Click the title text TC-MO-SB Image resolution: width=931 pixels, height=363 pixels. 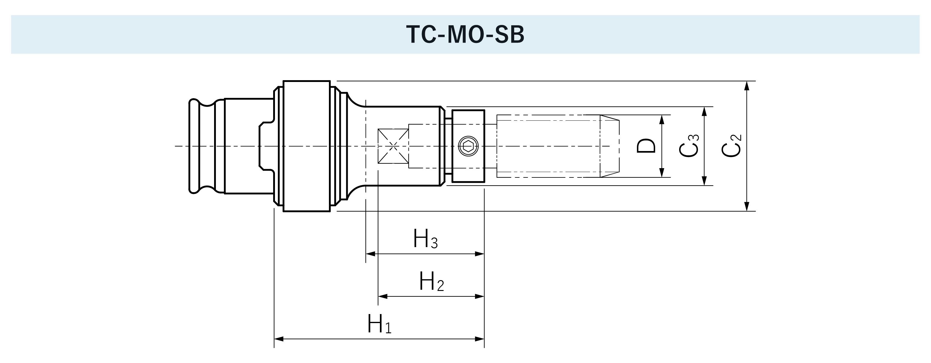[465, 35]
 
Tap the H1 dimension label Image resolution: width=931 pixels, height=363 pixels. [379, 324]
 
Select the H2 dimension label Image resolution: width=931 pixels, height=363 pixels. [431, 282]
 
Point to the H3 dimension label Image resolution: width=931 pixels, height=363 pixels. [425, 239]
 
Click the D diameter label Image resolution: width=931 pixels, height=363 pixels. [646, 146]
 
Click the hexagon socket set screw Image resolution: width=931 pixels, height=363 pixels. [468, 146]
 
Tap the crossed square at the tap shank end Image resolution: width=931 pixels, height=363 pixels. [393, 146]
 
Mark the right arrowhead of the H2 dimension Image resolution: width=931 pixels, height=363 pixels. [480, 296]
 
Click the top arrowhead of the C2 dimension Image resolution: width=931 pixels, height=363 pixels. [747, 85]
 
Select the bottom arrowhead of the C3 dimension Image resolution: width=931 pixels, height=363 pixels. [704, 181]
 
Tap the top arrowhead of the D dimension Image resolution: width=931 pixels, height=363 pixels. [662, 119]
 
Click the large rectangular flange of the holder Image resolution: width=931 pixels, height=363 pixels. [306, 146]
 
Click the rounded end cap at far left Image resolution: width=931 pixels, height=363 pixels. [194, 146]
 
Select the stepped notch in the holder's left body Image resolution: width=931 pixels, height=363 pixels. [266, 146]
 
